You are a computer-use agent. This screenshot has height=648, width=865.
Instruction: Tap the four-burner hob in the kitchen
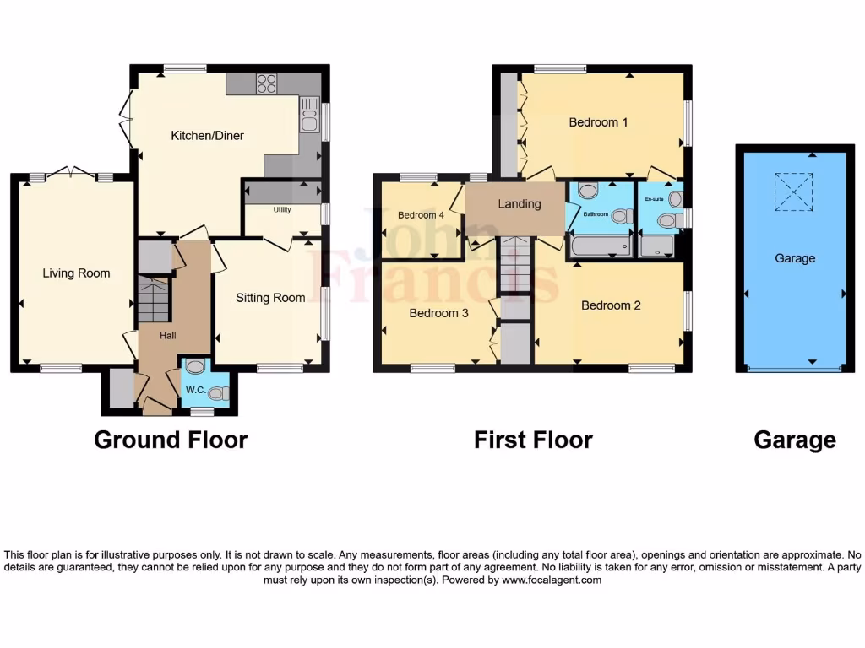coord(266,83)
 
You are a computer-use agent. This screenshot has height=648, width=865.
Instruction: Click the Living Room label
coord(76,273)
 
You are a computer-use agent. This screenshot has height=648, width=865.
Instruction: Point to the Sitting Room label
coord(270,297)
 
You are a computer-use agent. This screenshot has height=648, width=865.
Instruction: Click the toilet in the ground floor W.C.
coord(217,392)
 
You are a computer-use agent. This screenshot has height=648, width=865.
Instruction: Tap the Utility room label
coord(281,209)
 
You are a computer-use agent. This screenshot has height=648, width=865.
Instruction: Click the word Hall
coord(168,336)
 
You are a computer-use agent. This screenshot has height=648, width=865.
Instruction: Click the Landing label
coord(519,203)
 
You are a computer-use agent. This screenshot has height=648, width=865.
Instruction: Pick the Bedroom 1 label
coord(598,122)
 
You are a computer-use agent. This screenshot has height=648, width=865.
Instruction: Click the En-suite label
coord(654,200)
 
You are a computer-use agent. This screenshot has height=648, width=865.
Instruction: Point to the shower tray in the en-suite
coord(656,246)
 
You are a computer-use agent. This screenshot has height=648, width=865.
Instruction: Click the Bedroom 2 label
coord(611,305)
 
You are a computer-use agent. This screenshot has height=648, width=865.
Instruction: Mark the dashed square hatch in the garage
coord(793,192)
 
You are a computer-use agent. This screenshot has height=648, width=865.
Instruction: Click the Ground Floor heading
coord(171,440)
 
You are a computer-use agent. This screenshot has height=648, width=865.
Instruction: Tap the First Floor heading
coord(533,440)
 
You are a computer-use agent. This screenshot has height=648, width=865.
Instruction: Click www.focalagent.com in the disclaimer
coord(552,580)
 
